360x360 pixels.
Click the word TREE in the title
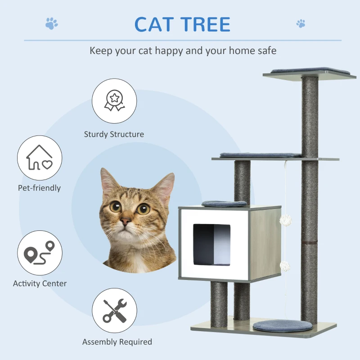click(x=206, y=24)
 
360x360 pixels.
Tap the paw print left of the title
click(x=52, y=23)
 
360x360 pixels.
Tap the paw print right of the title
click(x=301, y=23)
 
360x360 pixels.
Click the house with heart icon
click(x=40, y=158)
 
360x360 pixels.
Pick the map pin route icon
click(x=40, y=253)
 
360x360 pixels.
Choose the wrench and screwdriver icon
click(x=114, y=310)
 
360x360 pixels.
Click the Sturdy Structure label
click(x=114, y=134)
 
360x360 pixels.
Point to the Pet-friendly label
click(x=39, y=188)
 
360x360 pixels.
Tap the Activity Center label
click(x=40, y=283)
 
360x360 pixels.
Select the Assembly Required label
click(x=117, y=342)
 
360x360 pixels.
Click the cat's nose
click(x=126, y=221)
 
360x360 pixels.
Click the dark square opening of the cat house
click(x=211, y=245)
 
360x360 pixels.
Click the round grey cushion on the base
click(x=282, y=326)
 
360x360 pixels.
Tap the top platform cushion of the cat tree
click(x=306, y=71)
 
